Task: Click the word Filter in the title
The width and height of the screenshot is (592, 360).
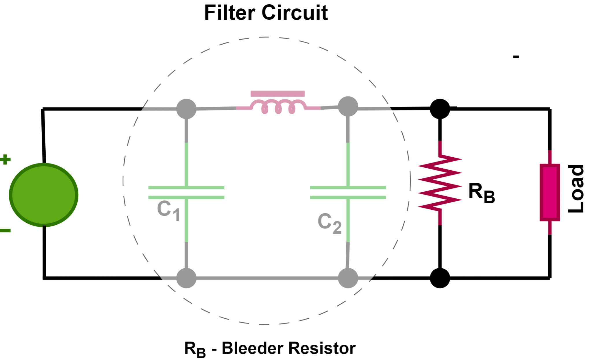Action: (x=230, y=13)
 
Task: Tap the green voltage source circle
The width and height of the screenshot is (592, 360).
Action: (x=44, y=195)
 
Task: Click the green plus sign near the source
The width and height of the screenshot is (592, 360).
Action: (x=5, y=159)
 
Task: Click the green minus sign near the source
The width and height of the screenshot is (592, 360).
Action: (x=5, y=230)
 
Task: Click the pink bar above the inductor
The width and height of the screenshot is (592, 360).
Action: (x=277, y=94)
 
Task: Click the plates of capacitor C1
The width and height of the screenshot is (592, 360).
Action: (x=186, y=193)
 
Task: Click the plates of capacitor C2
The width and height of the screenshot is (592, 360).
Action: (x=348, y=193)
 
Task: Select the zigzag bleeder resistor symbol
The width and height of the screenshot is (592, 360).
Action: (x=440, y=182)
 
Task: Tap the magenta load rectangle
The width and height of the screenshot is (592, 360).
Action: (x=550, y=192)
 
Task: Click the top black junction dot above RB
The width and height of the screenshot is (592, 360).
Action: (x=440, y=109)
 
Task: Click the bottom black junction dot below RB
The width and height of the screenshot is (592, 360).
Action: (x=440, y=278)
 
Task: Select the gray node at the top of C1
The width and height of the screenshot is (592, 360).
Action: (x=186, y=109)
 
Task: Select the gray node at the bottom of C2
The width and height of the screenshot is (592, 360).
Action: (x=348, y=278)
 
